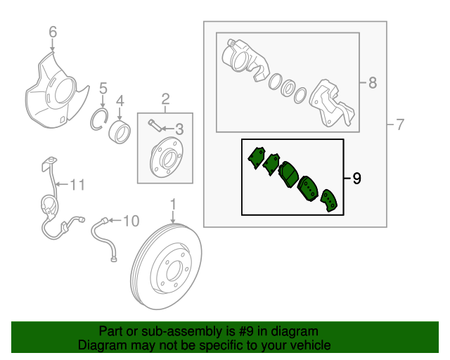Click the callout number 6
click(52, 32)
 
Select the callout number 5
click(102, 89)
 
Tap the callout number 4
click(120, 99)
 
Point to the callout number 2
click(166, 98)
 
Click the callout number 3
click(179, 129)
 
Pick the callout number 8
click(372, 83)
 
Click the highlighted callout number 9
click(356, 179)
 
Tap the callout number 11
click(77, 186)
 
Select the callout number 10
click(131, 222)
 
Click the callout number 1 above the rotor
click(172, 205)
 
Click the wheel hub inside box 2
click(164, 159)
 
